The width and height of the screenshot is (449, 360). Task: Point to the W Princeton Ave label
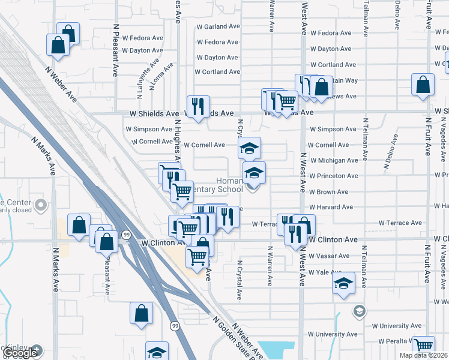click(334, 176)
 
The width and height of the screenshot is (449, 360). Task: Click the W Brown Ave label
click(329, 192)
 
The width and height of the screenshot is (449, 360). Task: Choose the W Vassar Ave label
click(329, 256)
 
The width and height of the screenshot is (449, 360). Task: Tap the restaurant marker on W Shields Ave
click(198, 107)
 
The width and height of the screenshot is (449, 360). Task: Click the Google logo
click(21, 353)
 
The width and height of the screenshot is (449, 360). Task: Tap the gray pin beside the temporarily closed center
click(41, 206)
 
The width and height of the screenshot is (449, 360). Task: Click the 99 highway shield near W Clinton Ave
click(125, 234)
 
